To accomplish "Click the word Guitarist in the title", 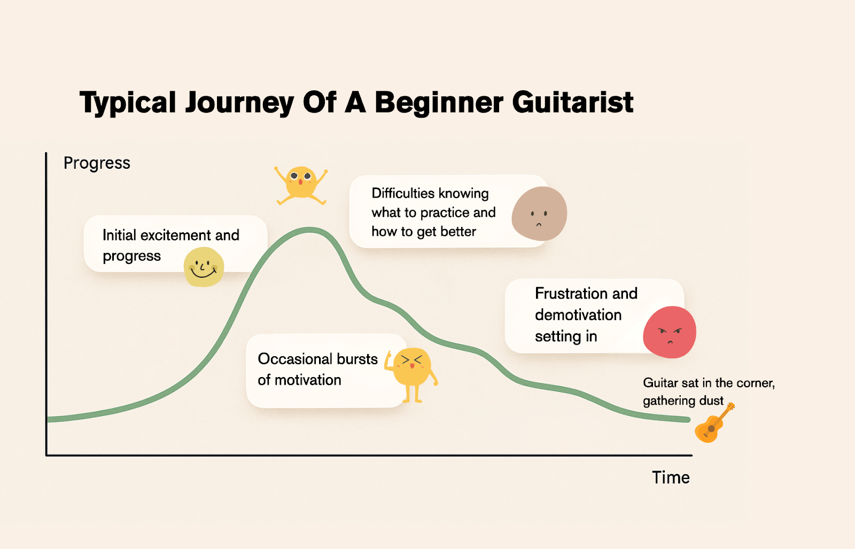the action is click(x=572, y=102).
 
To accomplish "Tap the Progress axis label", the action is click(x=97, y=163).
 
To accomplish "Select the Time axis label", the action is click(x=671, y=477).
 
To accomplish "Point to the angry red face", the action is click(x=670, y=332).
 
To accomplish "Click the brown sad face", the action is click(x=539, y=213).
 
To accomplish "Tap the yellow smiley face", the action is click(x=204, y=266).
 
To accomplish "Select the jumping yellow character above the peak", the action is click(x=301, y=185).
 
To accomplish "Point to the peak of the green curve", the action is click(x=309, y=230).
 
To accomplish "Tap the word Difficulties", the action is click(x=404, y=193).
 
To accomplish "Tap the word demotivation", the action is click(x=578, y=315).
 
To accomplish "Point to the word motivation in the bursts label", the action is click(x=308, y=380).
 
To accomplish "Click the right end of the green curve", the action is click(x=689, y=420).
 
